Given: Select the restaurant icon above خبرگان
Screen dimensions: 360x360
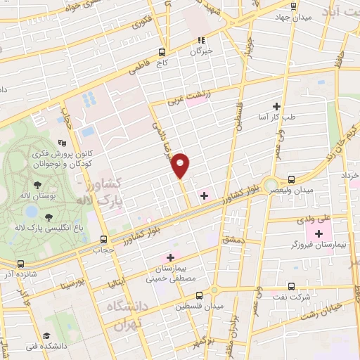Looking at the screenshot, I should tap(200, 40).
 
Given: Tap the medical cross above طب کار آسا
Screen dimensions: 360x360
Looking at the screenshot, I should tap(285, 105).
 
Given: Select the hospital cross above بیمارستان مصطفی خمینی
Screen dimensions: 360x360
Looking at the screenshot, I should tap(170, 257).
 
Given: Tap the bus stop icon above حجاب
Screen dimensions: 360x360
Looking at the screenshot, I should tap(104, 239).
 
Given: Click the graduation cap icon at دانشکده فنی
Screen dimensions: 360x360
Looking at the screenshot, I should tap(46, 336).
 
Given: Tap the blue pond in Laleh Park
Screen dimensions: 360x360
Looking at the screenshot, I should tap(31, 210).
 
